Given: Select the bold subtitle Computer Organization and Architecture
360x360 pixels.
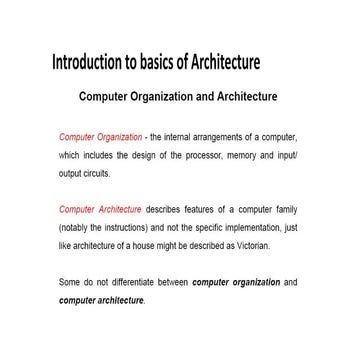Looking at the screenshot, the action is coord(177,98).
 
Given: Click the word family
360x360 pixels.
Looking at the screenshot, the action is coord(285,211).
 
